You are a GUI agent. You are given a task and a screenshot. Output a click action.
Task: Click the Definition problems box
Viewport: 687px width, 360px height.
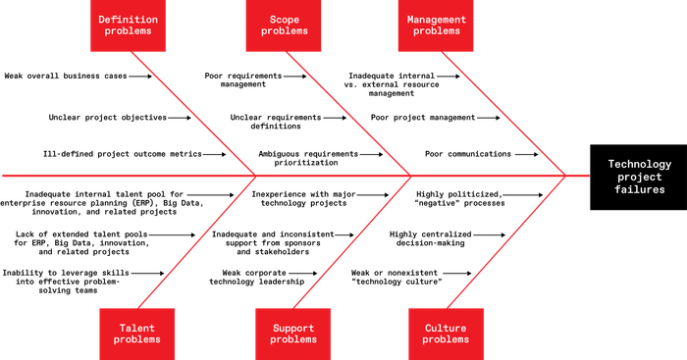(x=129, y=26)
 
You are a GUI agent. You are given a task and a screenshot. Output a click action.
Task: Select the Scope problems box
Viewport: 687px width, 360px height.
(x=283, y=26)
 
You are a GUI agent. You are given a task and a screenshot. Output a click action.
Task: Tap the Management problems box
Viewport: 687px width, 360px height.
(x=436, y=26)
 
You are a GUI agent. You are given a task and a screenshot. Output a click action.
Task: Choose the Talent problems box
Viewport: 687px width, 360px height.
(x=137, y=334)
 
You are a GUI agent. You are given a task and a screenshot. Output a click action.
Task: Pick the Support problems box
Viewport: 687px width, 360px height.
(x=293, y=334)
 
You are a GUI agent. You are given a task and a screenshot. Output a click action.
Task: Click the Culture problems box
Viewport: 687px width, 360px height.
(x=446, y=334)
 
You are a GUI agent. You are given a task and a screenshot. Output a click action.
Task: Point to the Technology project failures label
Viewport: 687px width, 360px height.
(x=639, y=177)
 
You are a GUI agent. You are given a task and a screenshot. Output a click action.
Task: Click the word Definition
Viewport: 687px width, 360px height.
(x=129, y=19)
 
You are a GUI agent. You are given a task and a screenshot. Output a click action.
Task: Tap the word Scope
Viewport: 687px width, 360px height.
(x=284, y=19)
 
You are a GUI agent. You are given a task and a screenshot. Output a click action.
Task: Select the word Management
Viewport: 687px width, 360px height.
(x=436, y=19)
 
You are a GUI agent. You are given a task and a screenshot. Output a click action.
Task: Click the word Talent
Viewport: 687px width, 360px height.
(x=137, y=328)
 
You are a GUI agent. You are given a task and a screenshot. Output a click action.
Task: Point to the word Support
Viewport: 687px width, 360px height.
(x=293, y=328)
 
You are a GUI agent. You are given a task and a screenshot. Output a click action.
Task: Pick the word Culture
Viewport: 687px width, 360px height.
(x=446, y=328)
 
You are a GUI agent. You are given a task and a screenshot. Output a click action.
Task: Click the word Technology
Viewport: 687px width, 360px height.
(x=639, y=164)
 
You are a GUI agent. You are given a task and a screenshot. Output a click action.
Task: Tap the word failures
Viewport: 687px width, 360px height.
(x=639, y=189)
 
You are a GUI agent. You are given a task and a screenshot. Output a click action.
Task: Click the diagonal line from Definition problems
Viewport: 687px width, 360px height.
(x=192, y=113)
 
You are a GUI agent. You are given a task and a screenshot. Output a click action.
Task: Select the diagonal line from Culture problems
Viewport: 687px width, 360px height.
(x=506, y=240)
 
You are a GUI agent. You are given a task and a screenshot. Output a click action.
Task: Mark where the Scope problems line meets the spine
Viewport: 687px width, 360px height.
(x=410, y=177)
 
